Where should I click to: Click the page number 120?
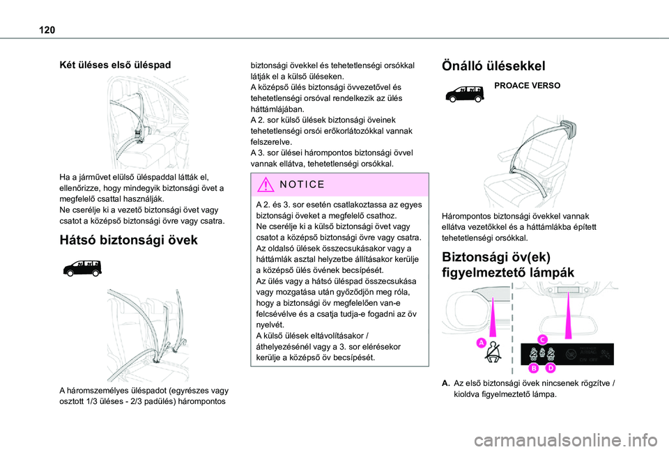(x=47, y=30)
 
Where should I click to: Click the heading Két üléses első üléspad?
(x=115, y=65)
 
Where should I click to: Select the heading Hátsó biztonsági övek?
(x=129, y=240)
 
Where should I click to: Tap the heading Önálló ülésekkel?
(x=493, y=66)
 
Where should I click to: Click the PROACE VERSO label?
(x=528, y=86)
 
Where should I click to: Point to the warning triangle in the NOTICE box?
(x=266, y=185)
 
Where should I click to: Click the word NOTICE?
(x=302, y=185)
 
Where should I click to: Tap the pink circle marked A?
(x=482, y=343)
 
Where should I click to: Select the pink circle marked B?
(x=534, y=368)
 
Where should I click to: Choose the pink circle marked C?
(x=542, y=339)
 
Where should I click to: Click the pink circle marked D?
(x=551, y=368)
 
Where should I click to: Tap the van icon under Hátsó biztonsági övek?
(x=82, y=268)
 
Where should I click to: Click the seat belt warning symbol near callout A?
(x=495, y=352)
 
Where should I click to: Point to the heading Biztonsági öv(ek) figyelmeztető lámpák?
(x=509, y=265)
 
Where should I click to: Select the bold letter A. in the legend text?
(x=446, y=383)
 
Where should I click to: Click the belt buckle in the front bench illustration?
(x=139, y=134)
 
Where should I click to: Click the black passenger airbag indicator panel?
(x=567, y=354)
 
